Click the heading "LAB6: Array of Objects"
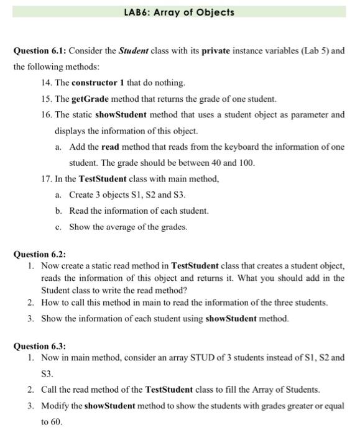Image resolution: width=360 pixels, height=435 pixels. click(180, 12)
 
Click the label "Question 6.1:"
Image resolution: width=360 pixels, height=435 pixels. click(41, 50)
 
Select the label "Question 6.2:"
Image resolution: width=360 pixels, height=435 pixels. click(40, 254)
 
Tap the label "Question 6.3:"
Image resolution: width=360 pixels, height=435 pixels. click(40, 346)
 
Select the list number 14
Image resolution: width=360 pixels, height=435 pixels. click(45, 82)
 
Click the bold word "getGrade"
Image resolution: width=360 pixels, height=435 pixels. click(92, 98)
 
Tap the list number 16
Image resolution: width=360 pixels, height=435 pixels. click(45, 114)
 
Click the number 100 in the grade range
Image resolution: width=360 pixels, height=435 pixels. click(247, 163)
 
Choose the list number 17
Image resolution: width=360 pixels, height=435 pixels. click(45, 179)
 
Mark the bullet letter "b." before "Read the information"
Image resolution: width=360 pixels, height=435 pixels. click(58, 211)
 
